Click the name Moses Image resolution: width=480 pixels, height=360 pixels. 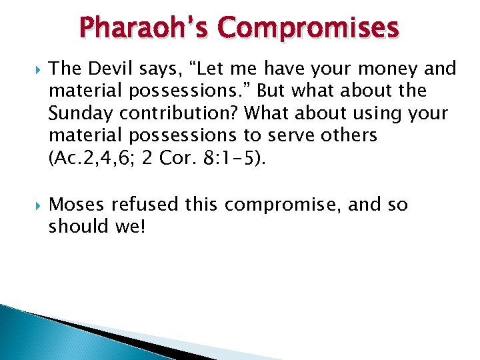78,204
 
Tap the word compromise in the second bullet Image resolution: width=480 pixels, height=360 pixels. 291,204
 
